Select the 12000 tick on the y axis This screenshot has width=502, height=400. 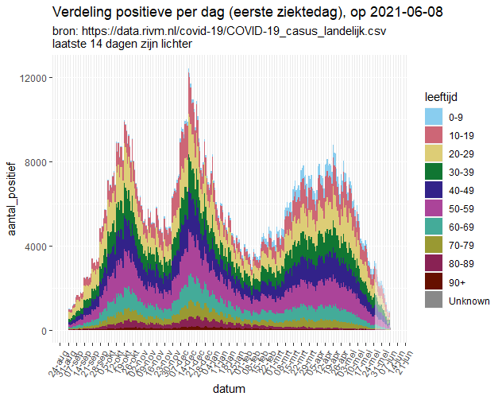(x=37, y=78)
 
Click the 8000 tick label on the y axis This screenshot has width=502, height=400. (x=39, y=162)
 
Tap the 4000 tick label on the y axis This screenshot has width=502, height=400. (x=39, y=247)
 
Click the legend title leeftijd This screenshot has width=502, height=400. (x=440, y=96)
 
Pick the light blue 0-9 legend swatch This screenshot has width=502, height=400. (x=433, y=117)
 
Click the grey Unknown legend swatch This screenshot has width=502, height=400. (x=433, y=300)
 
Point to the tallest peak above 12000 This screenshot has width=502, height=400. (x=188, y=73)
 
